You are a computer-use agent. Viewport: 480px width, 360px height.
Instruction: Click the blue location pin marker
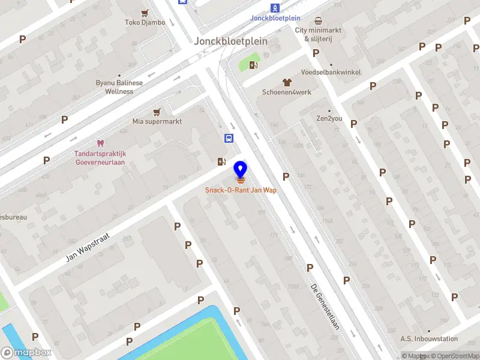[241, 170]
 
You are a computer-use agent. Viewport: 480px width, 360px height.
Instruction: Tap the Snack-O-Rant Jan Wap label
[241, 191]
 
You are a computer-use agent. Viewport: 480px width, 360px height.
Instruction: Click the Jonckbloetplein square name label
[231, 41]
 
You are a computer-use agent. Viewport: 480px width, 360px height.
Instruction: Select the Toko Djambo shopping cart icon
[145, 13]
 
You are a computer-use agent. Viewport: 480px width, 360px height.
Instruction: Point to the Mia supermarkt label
[157, 121]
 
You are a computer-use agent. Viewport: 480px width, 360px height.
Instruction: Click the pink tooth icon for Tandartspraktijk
[100, 143]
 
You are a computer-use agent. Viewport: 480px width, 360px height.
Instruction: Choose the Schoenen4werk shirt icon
[287, 82]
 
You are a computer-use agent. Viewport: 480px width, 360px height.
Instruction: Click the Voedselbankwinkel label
[331, 72]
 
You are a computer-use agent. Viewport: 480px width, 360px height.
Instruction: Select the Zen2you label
[329, 118]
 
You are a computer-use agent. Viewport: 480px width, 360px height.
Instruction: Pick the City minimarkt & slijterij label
[318, 34]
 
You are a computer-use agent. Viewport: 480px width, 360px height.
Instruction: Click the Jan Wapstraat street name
[90, 248]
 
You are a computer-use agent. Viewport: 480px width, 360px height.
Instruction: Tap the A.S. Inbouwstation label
[429, 339]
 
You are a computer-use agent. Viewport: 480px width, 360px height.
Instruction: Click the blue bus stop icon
[229, 139]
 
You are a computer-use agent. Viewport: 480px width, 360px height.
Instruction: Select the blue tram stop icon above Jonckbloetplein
[275, 8]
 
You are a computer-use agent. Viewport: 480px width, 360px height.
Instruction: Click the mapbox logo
[26, 353]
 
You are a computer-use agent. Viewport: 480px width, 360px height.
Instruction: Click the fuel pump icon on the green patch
[254, 65]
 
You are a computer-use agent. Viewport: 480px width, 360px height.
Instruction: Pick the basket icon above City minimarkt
[318, 20]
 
